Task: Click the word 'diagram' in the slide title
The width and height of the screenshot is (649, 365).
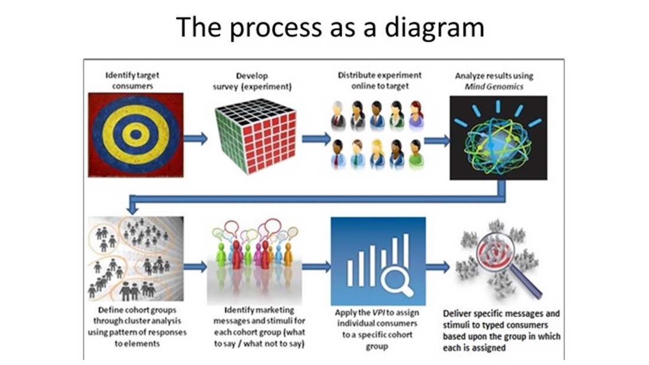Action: [437, 27]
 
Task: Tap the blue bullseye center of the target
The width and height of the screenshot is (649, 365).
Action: [136, 134]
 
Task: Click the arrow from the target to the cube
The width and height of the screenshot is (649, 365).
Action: [195, 139]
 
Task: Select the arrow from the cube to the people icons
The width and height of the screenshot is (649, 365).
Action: [316, 139]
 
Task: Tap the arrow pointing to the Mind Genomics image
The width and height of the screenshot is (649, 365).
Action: [437, 140]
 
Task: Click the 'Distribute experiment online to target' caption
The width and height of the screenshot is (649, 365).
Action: [379, 80]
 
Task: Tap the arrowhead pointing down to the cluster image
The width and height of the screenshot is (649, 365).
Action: [133, 208]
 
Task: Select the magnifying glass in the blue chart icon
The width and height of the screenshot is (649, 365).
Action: [393, 278]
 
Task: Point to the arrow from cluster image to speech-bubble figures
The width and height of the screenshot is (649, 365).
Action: [195, 267]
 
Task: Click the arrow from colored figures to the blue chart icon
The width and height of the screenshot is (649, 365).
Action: [316, 267]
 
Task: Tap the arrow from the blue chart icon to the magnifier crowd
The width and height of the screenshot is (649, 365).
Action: [437, 267]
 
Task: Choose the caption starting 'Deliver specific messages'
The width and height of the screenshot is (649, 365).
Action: [501, 330]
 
